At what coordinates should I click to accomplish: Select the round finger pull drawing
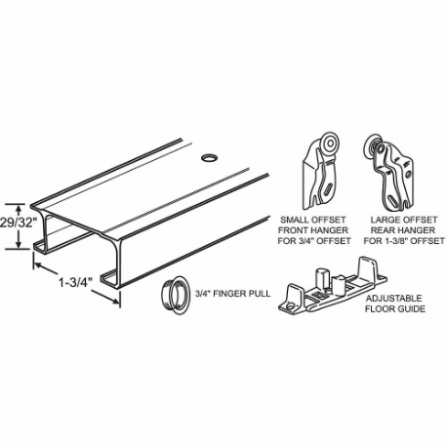(x=173, y=292)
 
